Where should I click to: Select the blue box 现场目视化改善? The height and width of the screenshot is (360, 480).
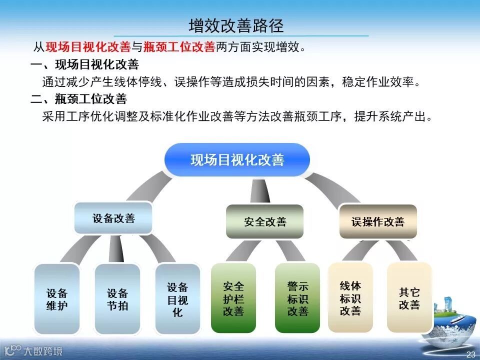click(x=237, y=160)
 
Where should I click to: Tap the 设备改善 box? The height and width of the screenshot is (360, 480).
click(x=113, y=218)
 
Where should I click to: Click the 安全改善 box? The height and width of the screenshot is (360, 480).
click(x=265, y=221)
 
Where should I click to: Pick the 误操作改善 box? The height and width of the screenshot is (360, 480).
click(x=377, y=221)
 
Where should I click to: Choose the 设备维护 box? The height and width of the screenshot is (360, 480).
click(x=57, y=299)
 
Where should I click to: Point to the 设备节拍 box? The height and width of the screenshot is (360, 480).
click(x=117, y=299)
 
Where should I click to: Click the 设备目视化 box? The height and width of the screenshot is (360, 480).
click(x=177, y=299)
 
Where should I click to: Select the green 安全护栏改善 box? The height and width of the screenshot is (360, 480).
click(x=233, y=298)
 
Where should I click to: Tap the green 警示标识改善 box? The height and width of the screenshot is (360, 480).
click(x=297, y=298)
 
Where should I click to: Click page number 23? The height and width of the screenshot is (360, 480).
click(x=470, y=354)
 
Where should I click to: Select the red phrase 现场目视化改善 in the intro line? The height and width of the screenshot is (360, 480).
click(x=88, y=47)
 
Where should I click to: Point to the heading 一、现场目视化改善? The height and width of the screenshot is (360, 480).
click(x=84, y=65)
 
